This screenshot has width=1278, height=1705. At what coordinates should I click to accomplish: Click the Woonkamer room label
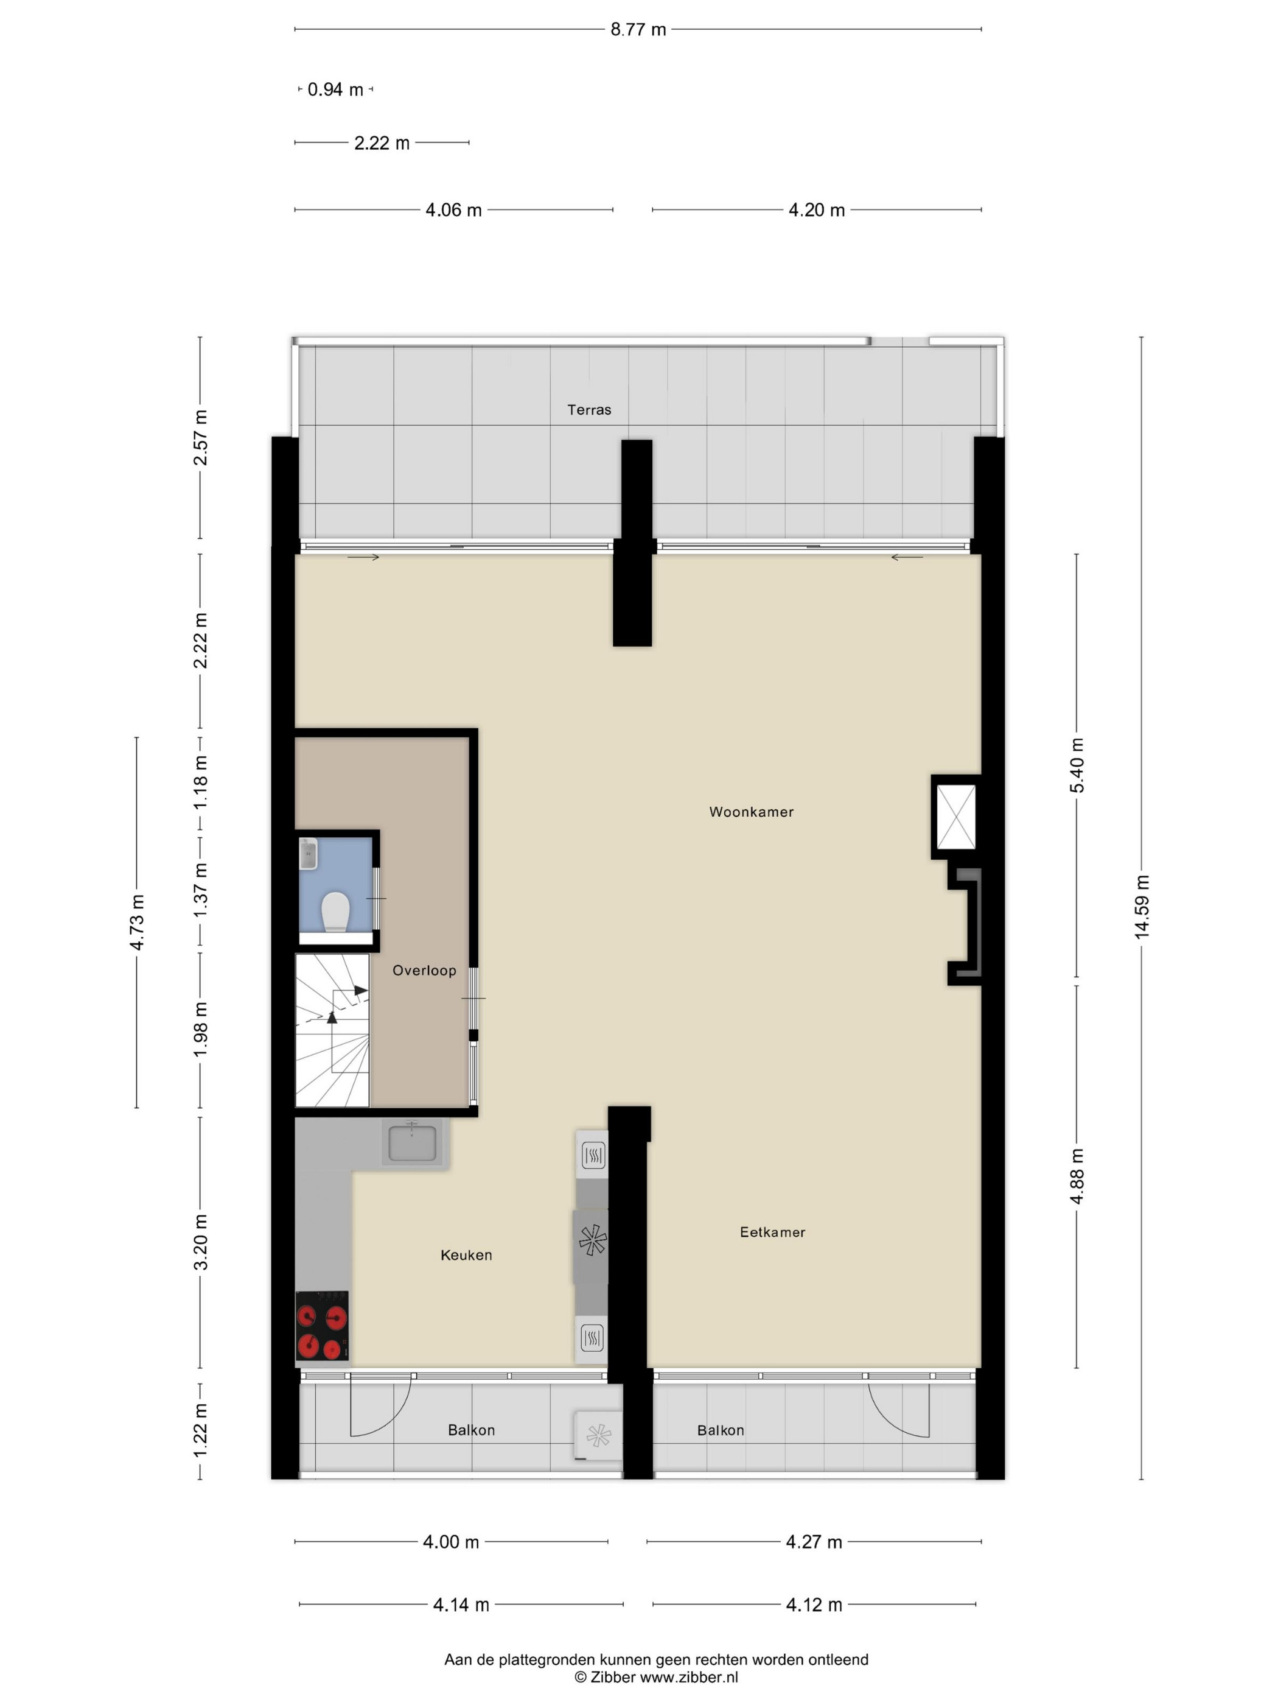tap(751, 812)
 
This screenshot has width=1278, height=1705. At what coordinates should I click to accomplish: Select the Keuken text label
tap(466, 1256)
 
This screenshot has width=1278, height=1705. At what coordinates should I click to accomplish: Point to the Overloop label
tap(424, 971)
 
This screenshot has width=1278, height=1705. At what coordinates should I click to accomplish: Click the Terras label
tap(589, 410)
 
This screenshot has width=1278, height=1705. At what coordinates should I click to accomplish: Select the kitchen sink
tap(413, 1142)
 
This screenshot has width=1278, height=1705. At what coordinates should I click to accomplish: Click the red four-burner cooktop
tap(322, 1326)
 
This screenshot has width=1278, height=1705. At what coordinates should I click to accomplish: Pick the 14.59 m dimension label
tap(1141, 907)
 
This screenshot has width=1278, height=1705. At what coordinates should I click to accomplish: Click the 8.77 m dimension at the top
tap(638, 29)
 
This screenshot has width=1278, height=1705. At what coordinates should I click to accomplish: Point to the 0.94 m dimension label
tap(335, 90)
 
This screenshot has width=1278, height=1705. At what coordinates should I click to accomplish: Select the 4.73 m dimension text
tap(137, 923)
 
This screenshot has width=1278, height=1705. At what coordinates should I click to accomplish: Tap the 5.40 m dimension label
tap(1077, 765)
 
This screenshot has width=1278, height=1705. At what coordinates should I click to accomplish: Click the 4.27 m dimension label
tap(814, 1542)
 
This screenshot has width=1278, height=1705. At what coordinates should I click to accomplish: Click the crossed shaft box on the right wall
tap(955, 817)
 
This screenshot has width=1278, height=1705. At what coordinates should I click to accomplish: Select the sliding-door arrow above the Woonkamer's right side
tap(907, 557)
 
